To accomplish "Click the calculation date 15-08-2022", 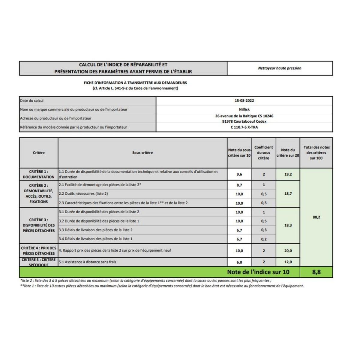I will click(x=244, y=101).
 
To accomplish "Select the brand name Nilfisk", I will click(x=244, y=109).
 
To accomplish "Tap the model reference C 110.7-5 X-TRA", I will click(x=244, y=127).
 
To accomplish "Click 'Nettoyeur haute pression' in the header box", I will click(x=280, y=68).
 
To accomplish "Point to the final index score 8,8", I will click(x=316, y=272).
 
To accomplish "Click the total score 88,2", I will click(x=316, y=217).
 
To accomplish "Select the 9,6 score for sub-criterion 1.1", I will click(x=239, y=174).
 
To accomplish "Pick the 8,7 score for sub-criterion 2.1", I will click(x=239, y=185).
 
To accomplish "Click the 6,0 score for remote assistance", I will click(x=239, y=262).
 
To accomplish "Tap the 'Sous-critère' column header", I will click(x=142, y=153).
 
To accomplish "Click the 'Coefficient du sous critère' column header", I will click(x=263, y=153).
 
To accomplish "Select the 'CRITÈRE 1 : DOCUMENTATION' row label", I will click(x=39, y=174).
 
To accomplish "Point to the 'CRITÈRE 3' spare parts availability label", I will click(x=39, y=225).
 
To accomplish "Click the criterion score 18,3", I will click(x=288, y=225).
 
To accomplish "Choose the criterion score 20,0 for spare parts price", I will click(x=288, y=251).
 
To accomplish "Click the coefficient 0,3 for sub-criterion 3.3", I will click(x=263, y=230).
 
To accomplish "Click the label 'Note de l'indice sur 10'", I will click(x=258, y=272).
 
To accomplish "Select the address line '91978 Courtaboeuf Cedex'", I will click(x=244, y=121).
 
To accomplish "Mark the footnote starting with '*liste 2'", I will click(x=145, y=280).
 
